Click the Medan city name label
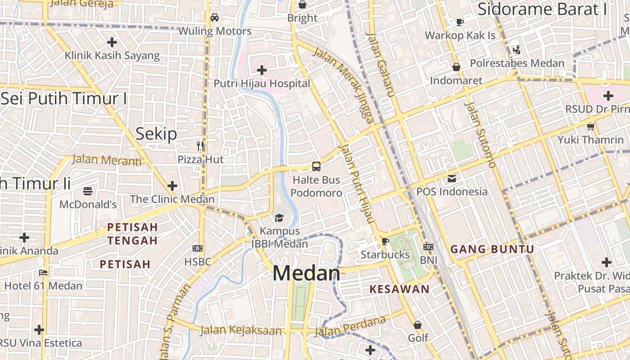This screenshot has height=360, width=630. (306, 273)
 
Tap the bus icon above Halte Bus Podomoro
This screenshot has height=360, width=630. (316, 166)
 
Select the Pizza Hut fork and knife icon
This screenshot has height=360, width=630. (200, 146)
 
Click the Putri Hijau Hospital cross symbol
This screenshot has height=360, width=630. (261, 70)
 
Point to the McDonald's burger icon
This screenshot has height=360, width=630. (88, 191)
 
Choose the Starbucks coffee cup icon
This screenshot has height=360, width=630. (385, 242)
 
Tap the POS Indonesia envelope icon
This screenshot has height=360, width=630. (451, 179)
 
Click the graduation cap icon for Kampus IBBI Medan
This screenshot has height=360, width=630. (279, 218)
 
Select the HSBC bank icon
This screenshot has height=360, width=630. (197, 248)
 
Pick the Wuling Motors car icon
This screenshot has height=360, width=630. (215, 18)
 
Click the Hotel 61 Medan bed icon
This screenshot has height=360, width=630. (43, 272)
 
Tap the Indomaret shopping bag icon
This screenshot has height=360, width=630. (456, 67)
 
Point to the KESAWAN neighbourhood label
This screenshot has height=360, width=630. (399, 289)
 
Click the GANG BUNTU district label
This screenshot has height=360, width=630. (492, 249)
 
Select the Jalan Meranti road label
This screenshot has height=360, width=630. (107, 160)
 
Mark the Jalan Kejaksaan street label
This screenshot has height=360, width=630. (241, 331)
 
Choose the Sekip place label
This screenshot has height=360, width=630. (156, 134)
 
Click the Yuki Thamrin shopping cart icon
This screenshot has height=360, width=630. (590, 126)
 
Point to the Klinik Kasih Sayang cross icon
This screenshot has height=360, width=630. (112, 42)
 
